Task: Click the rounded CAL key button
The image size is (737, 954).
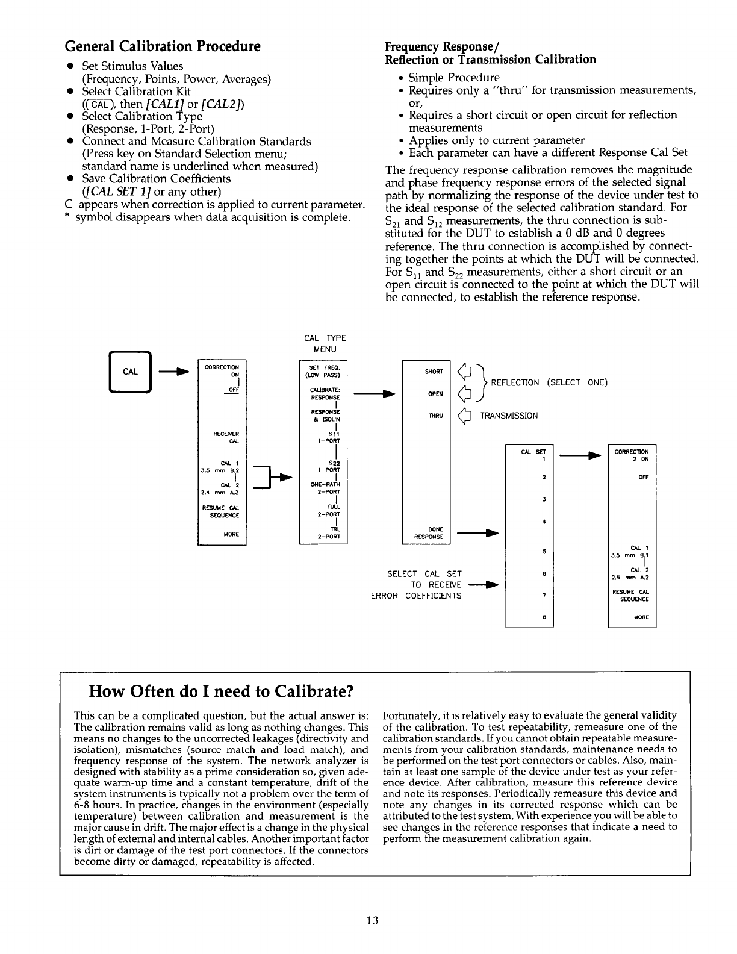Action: pos(131,372)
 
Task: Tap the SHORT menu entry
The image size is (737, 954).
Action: pos(434,372)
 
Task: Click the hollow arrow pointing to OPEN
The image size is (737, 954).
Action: pos(463,394)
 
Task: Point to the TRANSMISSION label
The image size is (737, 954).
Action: pos(509,415)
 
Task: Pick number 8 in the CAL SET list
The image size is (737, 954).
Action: pos(544,617)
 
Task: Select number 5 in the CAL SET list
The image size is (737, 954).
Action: pos(544,552)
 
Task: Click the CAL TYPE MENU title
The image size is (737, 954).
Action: pos(325,344)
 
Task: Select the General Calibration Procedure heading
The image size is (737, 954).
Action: pos(163,46)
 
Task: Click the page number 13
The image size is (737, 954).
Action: pos(372,920)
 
